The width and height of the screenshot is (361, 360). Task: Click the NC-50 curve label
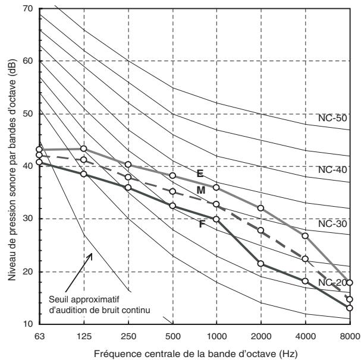pyautogui.click(x=332, y=118)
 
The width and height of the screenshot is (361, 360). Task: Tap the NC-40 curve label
pyautogui.click(x=332, y=170)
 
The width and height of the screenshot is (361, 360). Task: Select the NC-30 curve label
pyautogui.click(x=332, y=223)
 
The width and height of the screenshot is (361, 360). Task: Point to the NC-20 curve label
pyautogui.click(x=332, y=283)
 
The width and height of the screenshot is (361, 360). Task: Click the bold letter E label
pyautogui.click(x=200, y=173)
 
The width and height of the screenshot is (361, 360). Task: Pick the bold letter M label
pyautogui.click(x=201, y=190)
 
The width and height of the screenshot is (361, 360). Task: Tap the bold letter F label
pyautogui.click(x=202, y=224)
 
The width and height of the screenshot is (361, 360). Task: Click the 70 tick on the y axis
pyautogui.click(x=28, y=8)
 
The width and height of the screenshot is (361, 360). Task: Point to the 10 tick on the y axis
pyautogui.click(x=28, y=324)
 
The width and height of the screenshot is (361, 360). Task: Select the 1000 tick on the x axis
pyautogui.click(x=216, y=337)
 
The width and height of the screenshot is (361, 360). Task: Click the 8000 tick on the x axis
pyautogui.click(x=350, y=337)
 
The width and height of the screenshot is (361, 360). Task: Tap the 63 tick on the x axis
pyautogui.click(x=40, y=337)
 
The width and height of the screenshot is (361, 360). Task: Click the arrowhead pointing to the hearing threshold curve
pyautogui.click(x=91, y=255)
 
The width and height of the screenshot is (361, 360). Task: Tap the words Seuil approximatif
pyautogui.click(x=84, y=299)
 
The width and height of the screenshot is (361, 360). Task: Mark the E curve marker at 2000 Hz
pyautogui.click(x=260, y=208)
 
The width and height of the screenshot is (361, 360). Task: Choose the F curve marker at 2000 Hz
pyautogui.click(x=260, y=264)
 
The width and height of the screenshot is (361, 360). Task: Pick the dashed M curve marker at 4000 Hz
pyautogui.click(x=305, y=259)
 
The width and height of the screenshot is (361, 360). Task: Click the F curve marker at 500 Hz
pyautogui.click(x=172, y=206)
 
